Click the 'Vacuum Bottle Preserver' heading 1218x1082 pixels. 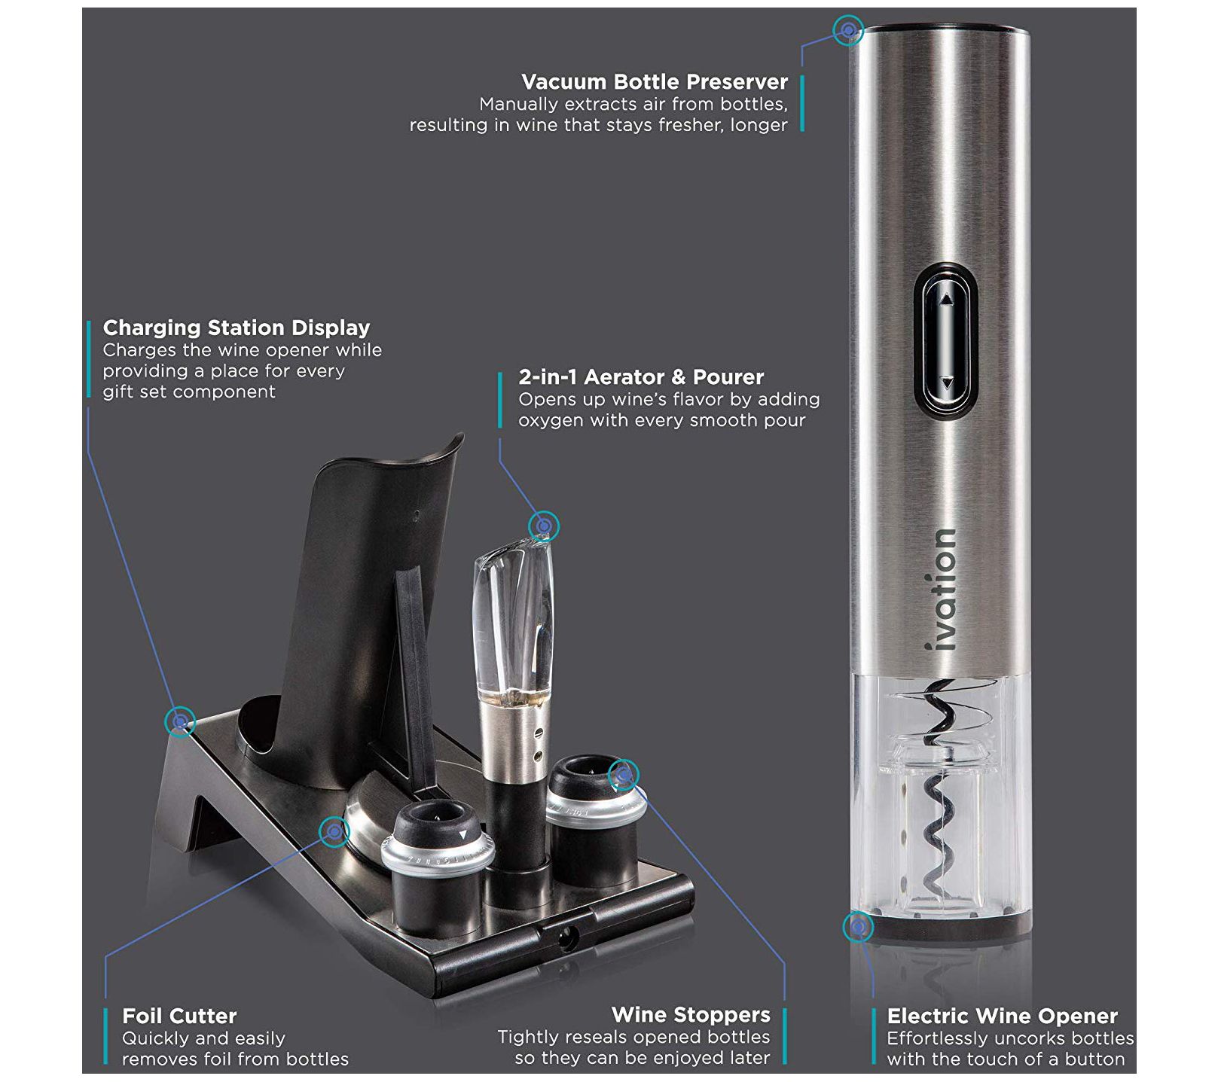point(655,81)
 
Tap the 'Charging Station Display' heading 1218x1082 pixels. point(237,328)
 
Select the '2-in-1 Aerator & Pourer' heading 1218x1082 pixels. point(641,376)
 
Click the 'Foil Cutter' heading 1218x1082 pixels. point(179,1016)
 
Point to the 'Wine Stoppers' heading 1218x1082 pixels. point(691,1014)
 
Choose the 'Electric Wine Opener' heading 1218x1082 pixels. point(1002,1016)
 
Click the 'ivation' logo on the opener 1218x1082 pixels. point(942,590)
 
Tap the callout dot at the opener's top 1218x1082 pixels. point(848,30)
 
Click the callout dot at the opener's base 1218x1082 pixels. point(857,927)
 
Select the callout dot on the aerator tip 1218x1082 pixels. point(544,525)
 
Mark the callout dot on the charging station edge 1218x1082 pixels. point(180,722)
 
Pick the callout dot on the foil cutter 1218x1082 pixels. point(334,831)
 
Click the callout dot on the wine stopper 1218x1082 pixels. point(623,774)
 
